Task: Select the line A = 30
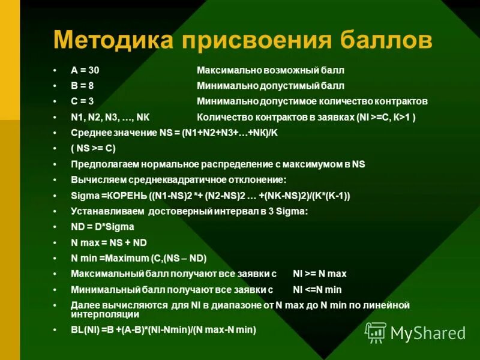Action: point(85,70)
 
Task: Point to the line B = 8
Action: point(82,86)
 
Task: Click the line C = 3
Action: point(82,101)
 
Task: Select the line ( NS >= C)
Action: point(93,148)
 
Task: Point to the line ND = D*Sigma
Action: point(102,227)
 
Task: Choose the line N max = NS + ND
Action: point(109,242)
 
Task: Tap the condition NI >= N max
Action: point(319,274)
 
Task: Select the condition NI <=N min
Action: point(317,289)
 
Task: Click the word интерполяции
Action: point(105,314)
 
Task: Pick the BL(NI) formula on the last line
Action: point(163,329)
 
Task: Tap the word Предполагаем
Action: point(100,164)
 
